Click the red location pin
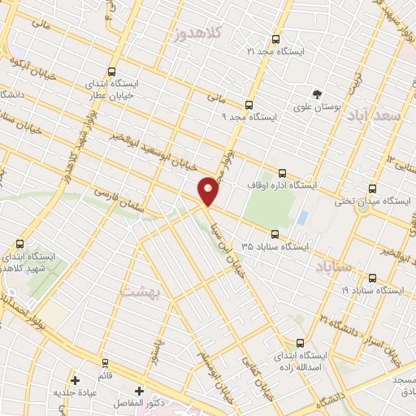point(209,190)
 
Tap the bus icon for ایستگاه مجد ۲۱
point(275,39)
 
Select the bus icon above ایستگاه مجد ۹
point(249,105)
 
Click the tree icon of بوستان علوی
point(317,94)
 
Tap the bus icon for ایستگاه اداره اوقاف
point(282,173)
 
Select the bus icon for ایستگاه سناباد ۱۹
point(372,276)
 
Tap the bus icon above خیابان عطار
point(111,71)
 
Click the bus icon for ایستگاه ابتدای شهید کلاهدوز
point(19,243)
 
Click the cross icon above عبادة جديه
point(75,379)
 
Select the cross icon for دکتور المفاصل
point(139,391)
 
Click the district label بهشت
point(141,290)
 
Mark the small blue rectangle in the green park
point(302,218)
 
